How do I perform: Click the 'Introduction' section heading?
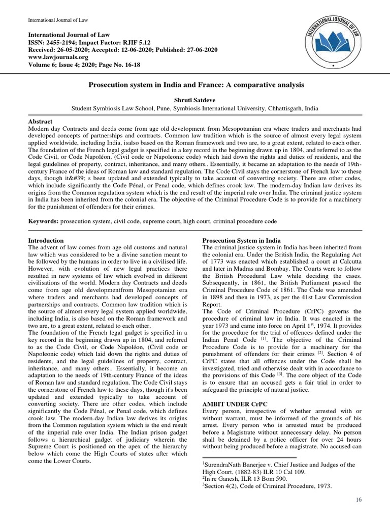(46, 240)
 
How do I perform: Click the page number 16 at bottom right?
(359, 501)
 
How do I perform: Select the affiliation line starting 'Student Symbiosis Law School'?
(195, 108)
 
